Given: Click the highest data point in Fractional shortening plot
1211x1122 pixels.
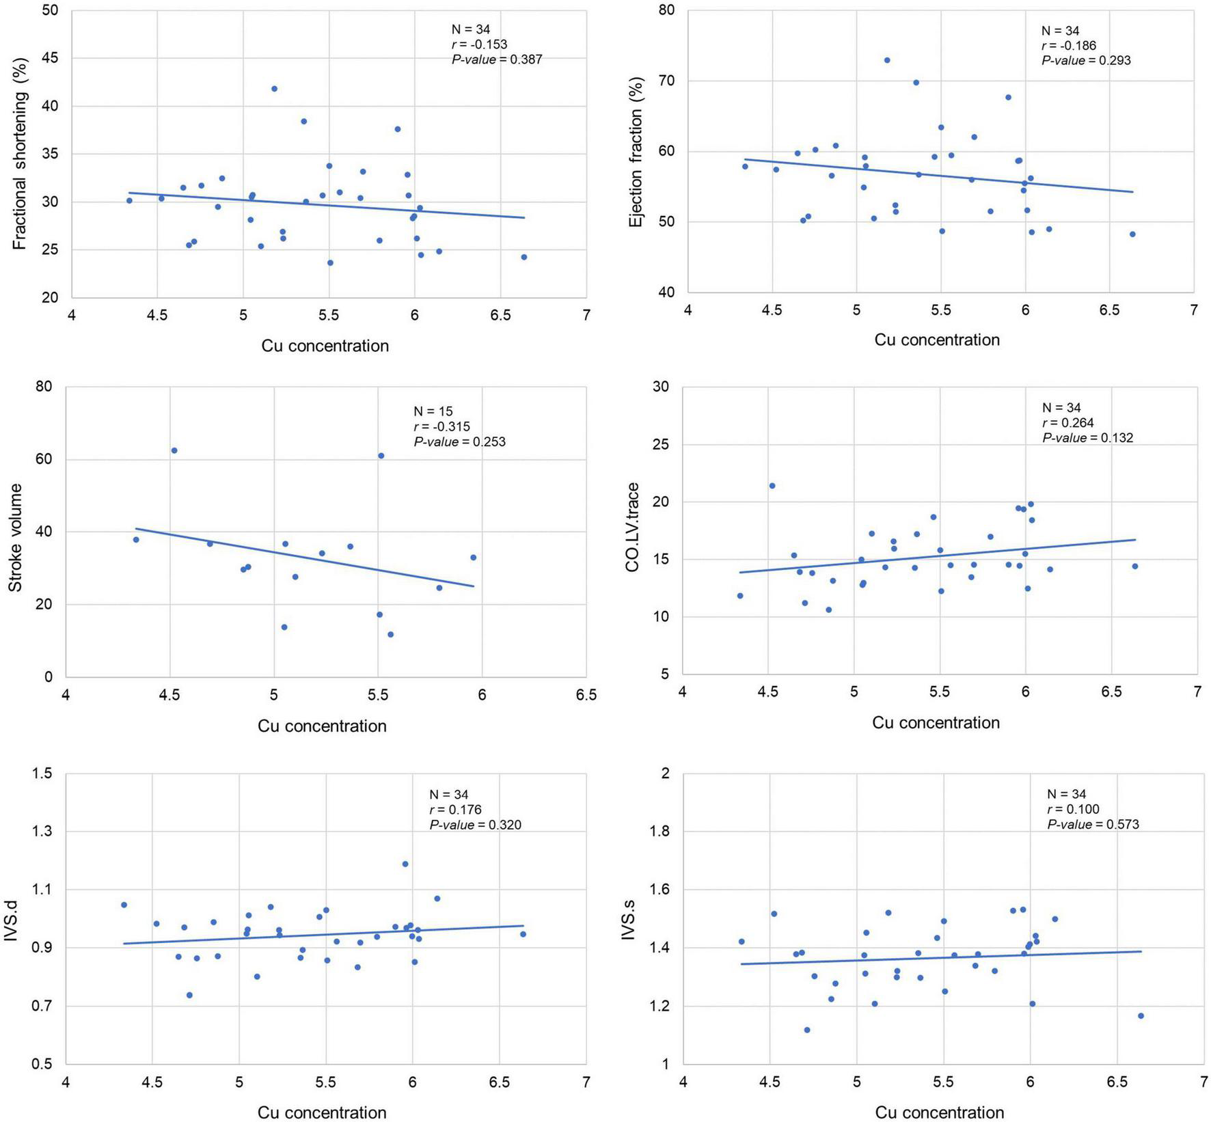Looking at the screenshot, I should coord(274,89).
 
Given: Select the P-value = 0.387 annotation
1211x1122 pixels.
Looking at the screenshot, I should coord(497,59).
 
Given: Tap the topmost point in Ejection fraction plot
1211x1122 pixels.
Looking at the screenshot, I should coord(887,60).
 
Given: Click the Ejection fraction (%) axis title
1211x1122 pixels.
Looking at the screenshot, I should coord(636,152).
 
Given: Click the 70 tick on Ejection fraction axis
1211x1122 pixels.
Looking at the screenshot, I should coord(667,81).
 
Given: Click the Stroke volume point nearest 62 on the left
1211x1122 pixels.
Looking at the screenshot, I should coord(174,450).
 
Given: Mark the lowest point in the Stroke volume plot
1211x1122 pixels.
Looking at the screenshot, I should coord(391,634).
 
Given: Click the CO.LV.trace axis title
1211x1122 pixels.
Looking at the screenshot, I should coord(632,527).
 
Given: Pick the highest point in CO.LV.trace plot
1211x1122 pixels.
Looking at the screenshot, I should coord(772,486).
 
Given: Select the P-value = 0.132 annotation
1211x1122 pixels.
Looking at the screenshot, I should coord(1087,438).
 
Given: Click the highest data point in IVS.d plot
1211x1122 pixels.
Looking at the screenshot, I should coord(405,864).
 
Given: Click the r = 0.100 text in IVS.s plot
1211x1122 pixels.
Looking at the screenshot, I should coord(1073,810).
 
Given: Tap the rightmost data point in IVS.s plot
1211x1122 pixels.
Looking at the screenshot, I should coord(1141,1016).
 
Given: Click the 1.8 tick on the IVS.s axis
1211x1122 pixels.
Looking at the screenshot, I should coord(662,832).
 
